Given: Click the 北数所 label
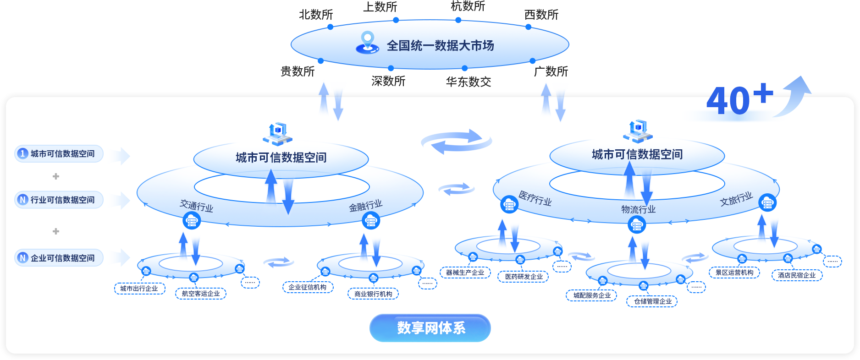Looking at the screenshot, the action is (316, 15).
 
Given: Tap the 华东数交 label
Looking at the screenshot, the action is (469, 82).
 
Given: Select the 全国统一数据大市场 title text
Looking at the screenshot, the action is (440, 45).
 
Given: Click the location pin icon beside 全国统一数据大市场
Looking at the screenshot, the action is (367, 42).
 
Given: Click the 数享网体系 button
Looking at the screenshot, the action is (430, 328).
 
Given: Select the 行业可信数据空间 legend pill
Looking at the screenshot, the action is (59, 200).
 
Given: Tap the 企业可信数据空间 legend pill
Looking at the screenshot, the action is (59, 258).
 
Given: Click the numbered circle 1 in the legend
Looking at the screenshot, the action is (22, 153).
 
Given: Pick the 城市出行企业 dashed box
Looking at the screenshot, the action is (139, 289).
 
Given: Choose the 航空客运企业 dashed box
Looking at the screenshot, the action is (201, 294).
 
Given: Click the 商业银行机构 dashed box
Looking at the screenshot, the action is (373, 294).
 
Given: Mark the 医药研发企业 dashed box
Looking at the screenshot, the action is (524, 277).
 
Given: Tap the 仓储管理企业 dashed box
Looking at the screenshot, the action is (652, 301).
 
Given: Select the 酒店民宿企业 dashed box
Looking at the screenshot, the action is (797, 275).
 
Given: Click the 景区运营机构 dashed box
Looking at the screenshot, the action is (734, 273).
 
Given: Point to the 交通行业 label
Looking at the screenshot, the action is (197, 206).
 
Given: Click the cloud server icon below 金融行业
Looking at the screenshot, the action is (371, 221).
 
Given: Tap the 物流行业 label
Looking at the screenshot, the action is (639, 209).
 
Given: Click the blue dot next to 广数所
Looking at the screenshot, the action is (532, 61).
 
